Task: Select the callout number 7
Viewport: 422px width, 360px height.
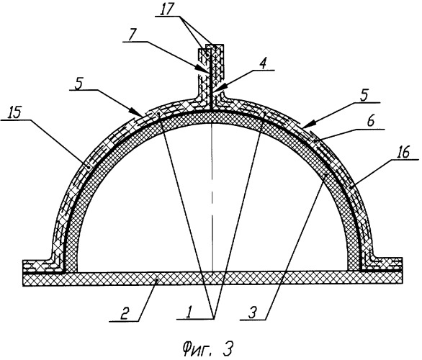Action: pyautogui.click(x=132, y=35)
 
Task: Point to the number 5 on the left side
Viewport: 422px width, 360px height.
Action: pyautogui.click(x=78, y=84)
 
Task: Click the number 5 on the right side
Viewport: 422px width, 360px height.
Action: pyautogui.click(x=364, y=96)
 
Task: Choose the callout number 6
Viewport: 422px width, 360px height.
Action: pyautogui.click(x=370, y=122)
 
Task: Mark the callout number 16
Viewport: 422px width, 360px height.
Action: pyautogui.click(x=403, y=153)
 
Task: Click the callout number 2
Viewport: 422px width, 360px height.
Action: pyautogui.click(x=125, y=313)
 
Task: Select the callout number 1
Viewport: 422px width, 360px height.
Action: pyautogui.click(x=190, y=312)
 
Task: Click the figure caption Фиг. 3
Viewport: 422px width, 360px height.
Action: pyautogui.click(x=207, y=348)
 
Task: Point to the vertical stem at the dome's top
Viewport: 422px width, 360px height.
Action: pyautogui.click(x=211, y=77)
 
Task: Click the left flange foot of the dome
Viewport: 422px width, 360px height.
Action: pyautogui.click(x=44, y=266)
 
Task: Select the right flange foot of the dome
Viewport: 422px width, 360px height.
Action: pyautogui.click(x=382, y=264)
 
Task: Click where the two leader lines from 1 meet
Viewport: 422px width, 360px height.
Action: pyautogui.click(x=214, y=318)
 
